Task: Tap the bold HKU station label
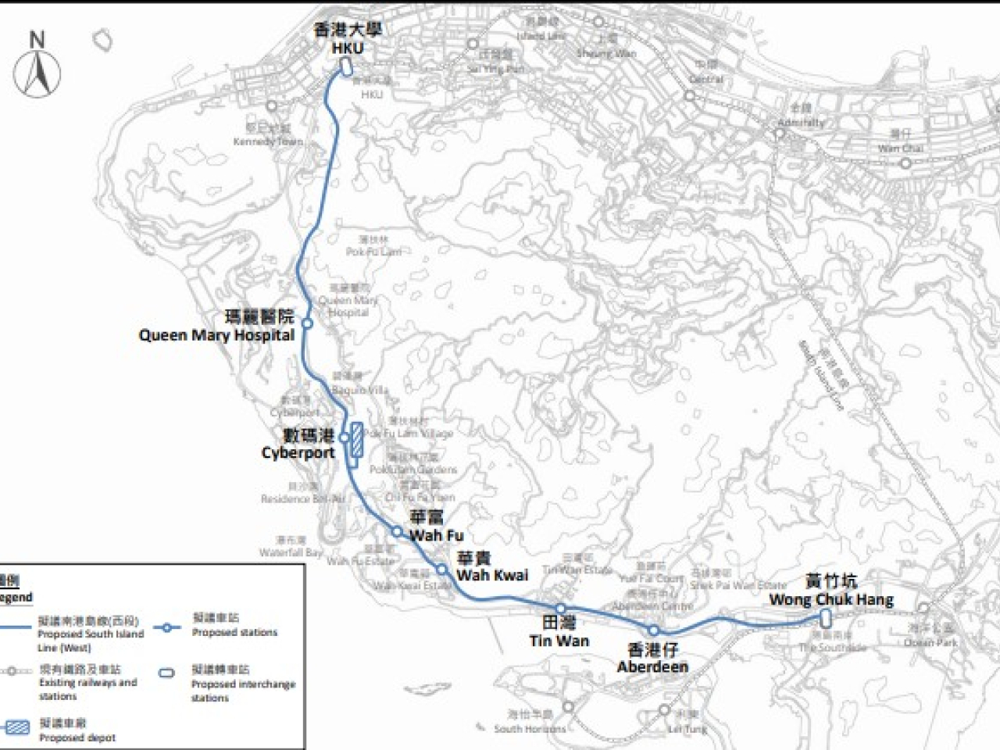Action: (x=348, y=48)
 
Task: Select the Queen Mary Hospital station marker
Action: (x=308, y=323)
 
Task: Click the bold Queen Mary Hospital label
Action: (x=216, y=335)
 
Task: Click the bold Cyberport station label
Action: (x=298, y=453)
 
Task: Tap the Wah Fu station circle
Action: (x=397, y=532)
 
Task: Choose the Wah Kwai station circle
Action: (x=442, y=570)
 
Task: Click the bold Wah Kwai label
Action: (x=492, y=575)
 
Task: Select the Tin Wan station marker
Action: (x=561, y=608)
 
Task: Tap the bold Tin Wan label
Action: (x=559, y=641)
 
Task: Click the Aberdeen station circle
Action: (x=654, y=630)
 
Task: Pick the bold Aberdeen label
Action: (x=652, y=666)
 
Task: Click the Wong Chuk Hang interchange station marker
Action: (x=825, y=619)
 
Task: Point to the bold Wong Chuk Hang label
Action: (x=831, y=600)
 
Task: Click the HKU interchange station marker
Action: (x=345, y=70)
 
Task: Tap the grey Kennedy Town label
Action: (x=268, y=141)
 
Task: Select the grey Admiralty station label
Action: (x=801, y=123)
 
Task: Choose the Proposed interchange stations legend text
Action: (x=243, y=684)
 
